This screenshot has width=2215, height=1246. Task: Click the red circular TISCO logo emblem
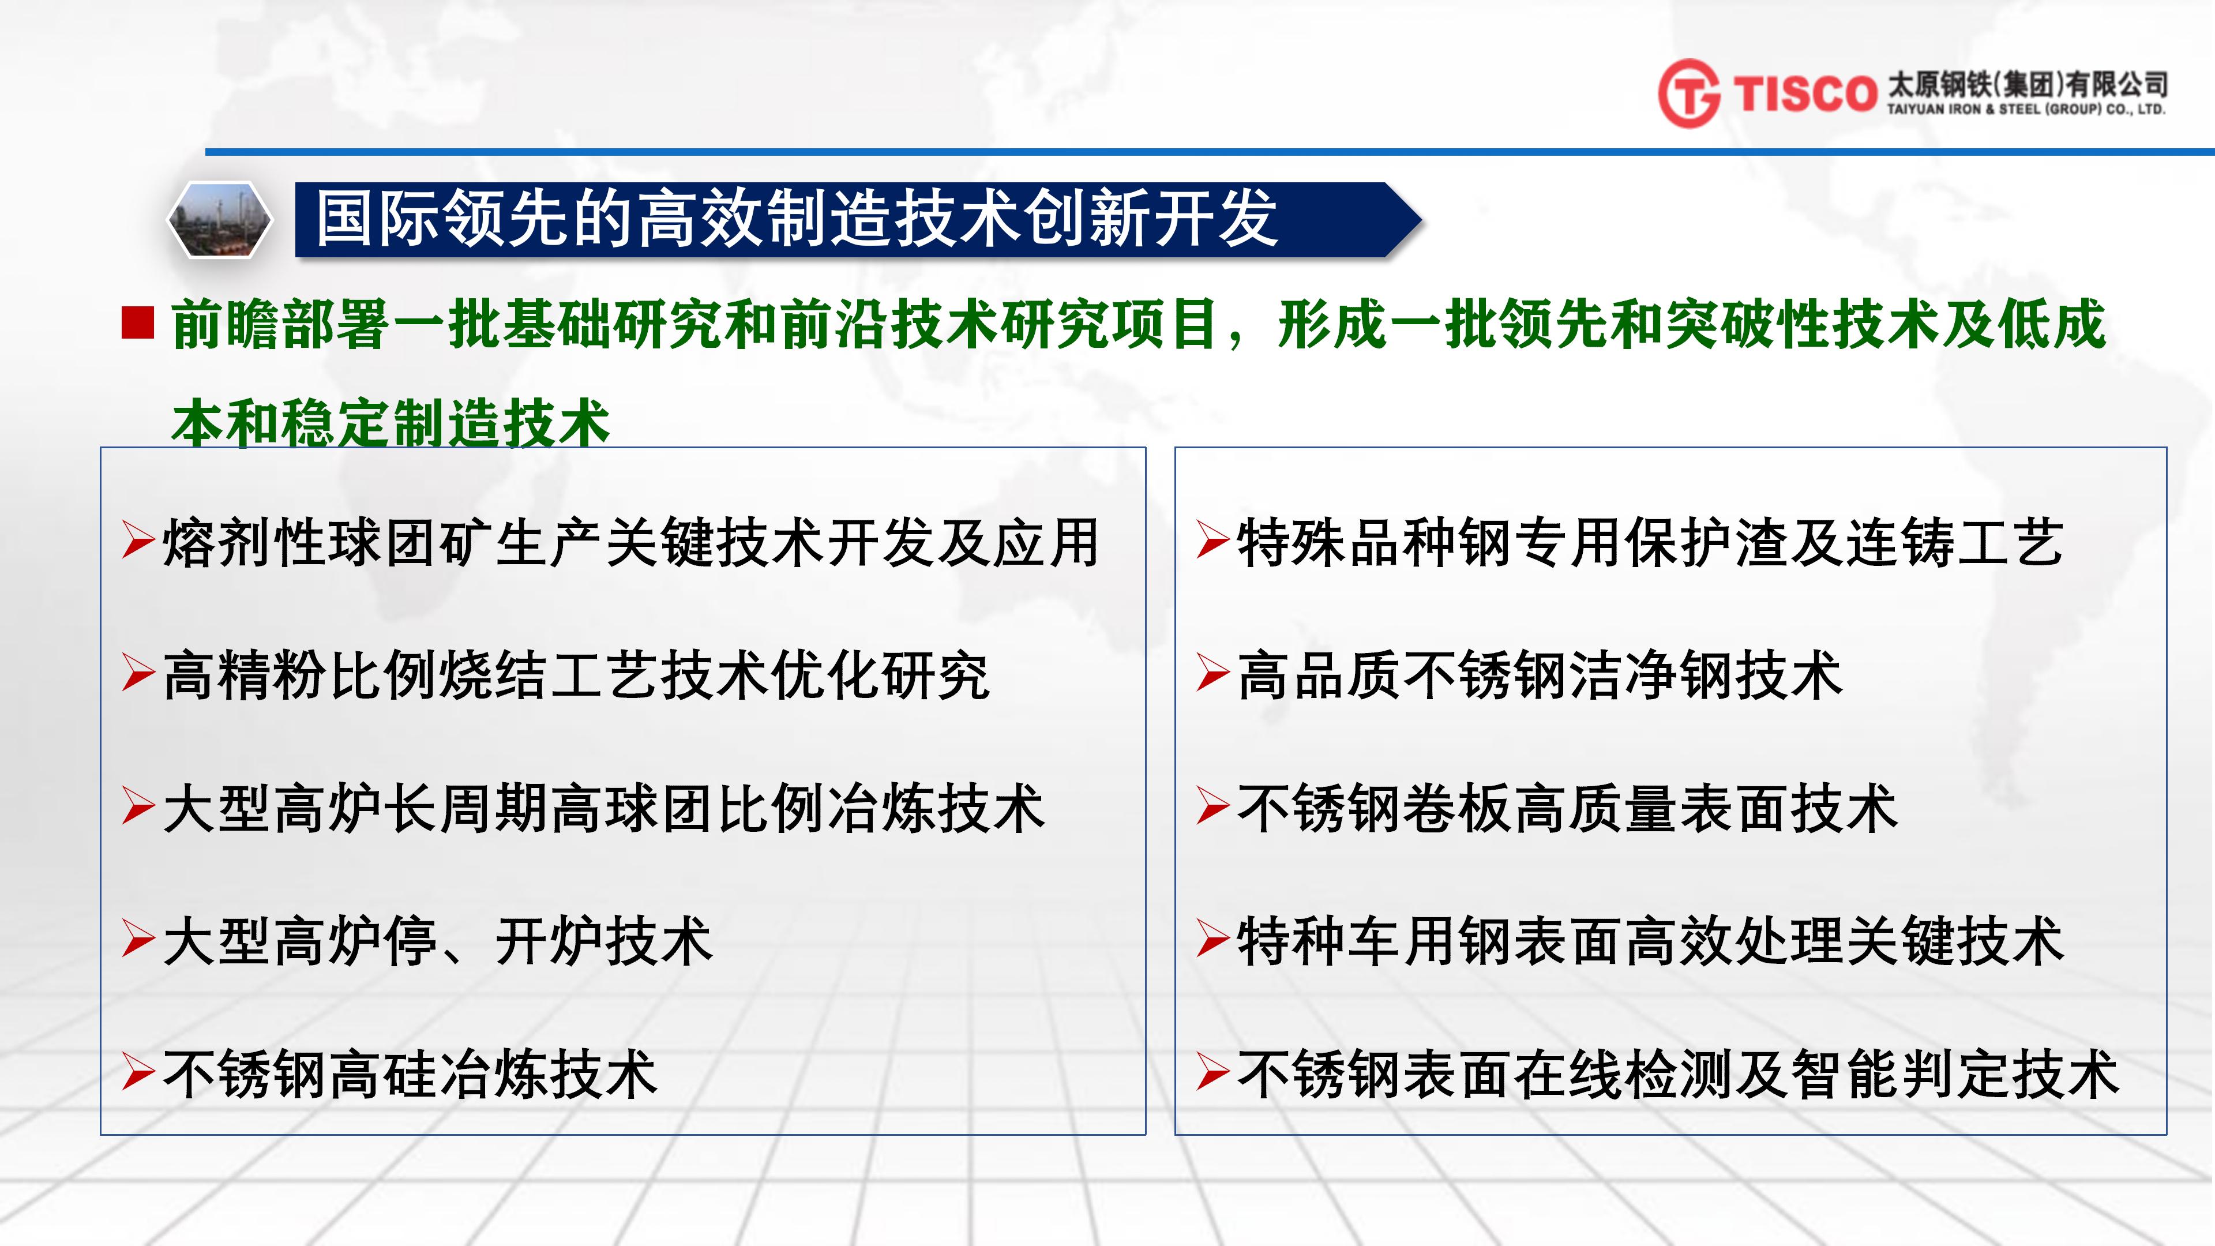[1689, 93]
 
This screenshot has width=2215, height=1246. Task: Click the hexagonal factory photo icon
[219, 220]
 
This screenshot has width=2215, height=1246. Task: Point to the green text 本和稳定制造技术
[391, 423]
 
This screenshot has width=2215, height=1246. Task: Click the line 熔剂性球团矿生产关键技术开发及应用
[630, 543]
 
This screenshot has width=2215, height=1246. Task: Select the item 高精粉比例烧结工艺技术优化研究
[576, 676]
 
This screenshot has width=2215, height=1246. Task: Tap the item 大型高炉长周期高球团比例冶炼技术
[603, 809]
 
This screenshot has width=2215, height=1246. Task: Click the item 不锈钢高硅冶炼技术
[410, 1075]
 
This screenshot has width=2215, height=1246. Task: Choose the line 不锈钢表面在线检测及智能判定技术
[1677, 1075]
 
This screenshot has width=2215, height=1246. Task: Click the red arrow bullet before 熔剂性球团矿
[138, 540]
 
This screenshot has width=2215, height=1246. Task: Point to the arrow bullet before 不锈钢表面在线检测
[1213, 1071]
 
